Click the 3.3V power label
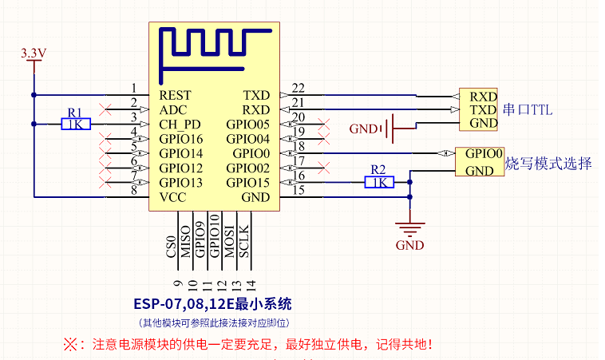click(x=34, y=53)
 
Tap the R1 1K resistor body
click(x=77, y=124)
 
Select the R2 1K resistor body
click(x=379, y=182)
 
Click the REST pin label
click(x=176, y=95)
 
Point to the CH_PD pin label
click(x=180, y=125)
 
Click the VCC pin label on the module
click(x=173, y=197)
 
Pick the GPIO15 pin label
click(x=248, y=183)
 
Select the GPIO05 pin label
click(x=248, y=125)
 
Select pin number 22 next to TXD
click(x=299, y=88)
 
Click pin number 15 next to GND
click(x=299, y=190)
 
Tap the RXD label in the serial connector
click(x=483, y=96)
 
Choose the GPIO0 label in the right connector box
click(x=484, y=153)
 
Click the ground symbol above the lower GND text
click(x=409, y=228)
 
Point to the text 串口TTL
click(x=528, y=109)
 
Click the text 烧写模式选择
click(x=548, y=164)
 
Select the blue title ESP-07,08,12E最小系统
click(x=212, y=304)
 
